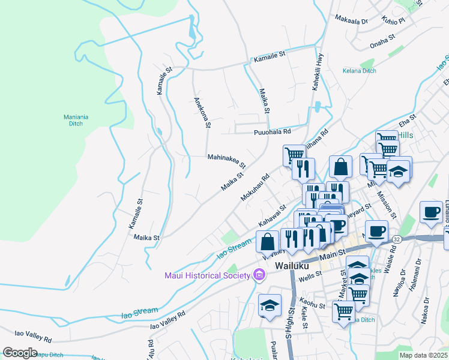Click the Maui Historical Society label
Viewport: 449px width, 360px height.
pos(208,275)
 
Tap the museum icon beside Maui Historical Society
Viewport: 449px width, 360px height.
pos(259,275)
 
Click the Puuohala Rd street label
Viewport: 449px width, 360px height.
pos(272,131)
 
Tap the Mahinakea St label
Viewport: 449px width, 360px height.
pos(226,160)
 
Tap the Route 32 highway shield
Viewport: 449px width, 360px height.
pos(396,239)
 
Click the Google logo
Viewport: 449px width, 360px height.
pos(20,352)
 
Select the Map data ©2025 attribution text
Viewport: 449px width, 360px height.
pos(423,355)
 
